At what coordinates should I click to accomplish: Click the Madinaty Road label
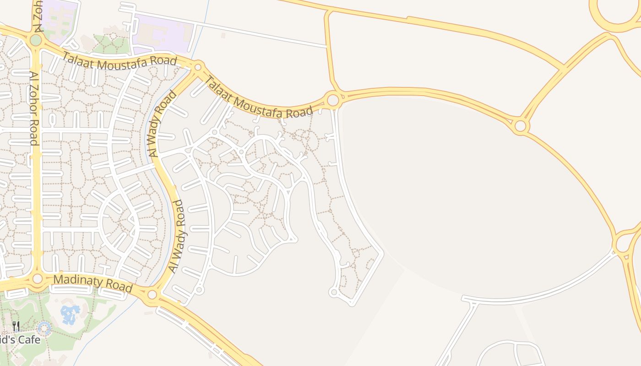(x=93, y=283)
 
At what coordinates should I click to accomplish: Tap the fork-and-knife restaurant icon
(x=16, y=326)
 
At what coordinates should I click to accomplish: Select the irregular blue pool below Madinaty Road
(x=70, y=315)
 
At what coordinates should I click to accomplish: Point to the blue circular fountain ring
(x=44, y=328)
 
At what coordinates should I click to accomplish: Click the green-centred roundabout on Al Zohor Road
(x=36, y=40)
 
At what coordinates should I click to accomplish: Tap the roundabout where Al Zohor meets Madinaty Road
(x=38, y=279)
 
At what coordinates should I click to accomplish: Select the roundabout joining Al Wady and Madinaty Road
(x=152, y=295)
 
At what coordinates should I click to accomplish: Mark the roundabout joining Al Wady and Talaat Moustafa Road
(x=198, y=67)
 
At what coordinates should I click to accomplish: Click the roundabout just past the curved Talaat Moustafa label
(x=333, y=99)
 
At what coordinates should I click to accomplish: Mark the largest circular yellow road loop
(x=616, y=14)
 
